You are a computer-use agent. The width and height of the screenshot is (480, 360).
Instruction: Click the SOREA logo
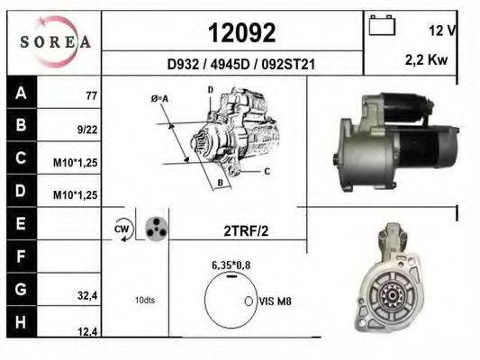click(x=55, y=41)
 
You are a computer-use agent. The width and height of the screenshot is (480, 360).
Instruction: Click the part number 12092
click(x=242, y=32)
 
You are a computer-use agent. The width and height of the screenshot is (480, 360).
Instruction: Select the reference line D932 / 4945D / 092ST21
click(x=241, y=65)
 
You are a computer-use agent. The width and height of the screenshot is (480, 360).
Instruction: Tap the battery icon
click(x=382, y=26)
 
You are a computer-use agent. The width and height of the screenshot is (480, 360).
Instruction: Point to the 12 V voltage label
click(x=442, y=31)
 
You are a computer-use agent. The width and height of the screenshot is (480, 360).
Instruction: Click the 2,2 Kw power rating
click(x=426, y=59)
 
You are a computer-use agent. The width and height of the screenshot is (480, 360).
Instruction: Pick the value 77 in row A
click(x=92, y=95)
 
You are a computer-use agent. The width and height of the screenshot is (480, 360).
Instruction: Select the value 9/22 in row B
click(x=87, y=130)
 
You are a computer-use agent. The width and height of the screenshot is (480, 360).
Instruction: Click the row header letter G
click(x=21, y=289)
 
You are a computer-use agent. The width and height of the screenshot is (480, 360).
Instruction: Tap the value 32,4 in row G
click(x=87, y=296)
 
